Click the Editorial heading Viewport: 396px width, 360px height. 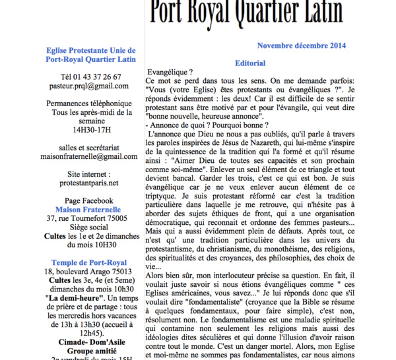pyautogui.click(x=250, y=63)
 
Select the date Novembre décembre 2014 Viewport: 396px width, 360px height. pyautogui.click(x=302, y=45)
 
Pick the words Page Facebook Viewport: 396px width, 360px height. pyautogui.click(x=89, y=200)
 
